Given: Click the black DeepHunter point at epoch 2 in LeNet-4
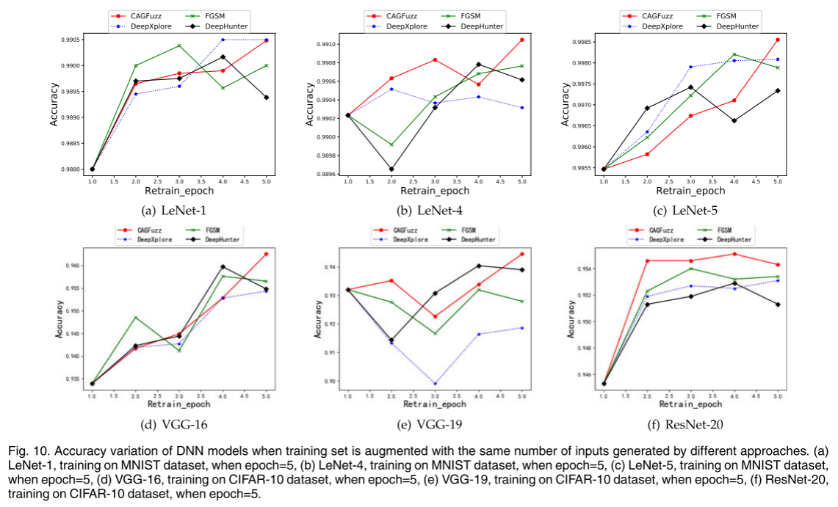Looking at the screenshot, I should click(x=391, y=169).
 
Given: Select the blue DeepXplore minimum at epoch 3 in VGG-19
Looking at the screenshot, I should click(x=436, y=383).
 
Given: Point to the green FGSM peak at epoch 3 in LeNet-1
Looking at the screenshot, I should click(x=178, y=45).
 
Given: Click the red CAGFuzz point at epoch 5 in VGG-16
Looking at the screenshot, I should click(x=266, y=254).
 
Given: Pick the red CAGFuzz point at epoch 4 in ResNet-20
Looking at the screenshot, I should click(x=734, y=254).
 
